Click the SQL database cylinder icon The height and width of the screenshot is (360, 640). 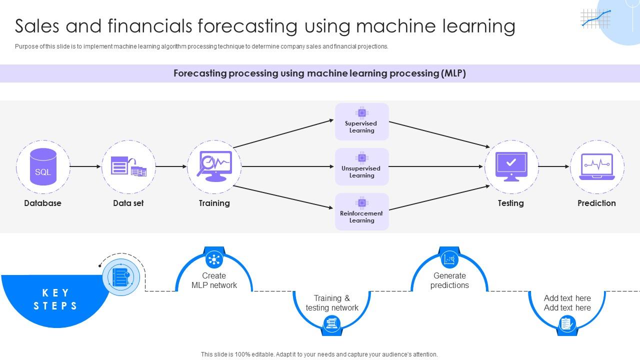(x=43, y=167)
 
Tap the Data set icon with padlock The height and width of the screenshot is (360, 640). (x=128, y=166)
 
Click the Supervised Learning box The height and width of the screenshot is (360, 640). (x=361, y=121)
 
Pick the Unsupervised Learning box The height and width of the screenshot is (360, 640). (x=361, y=166)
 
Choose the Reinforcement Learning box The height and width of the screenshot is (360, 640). (x=361, y=211)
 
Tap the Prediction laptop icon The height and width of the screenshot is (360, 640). (x=596, y=166)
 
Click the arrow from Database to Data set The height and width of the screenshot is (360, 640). (x=85, y=166)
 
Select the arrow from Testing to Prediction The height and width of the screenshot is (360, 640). (x=554, y=166)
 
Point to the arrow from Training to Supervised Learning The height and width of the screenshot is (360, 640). (x=283, y=133)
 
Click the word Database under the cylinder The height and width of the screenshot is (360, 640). (x=43, y=203)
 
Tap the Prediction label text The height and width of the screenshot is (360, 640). (x=596, y=203)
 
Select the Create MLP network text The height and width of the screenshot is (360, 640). (x=214, y=280)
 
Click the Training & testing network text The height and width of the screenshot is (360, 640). (x=332, y=303)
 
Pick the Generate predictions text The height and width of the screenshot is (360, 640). (x=449, y=280)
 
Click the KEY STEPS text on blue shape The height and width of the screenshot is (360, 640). (x=55, y=299)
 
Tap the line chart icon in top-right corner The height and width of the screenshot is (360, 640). (x=595, y=18)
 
